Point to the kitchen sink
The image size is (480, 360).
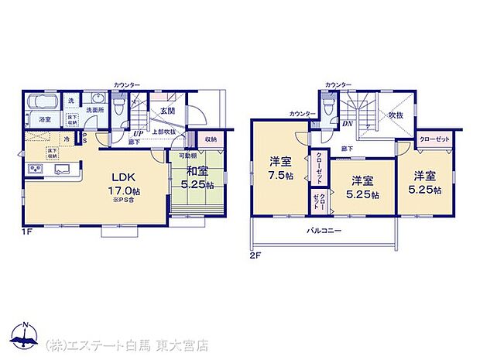[x=62, y=169]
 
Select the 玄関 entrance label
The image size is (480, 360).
[x=167, y=111]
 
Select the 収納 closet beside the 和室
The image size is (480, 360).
[x=210, y=139]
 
